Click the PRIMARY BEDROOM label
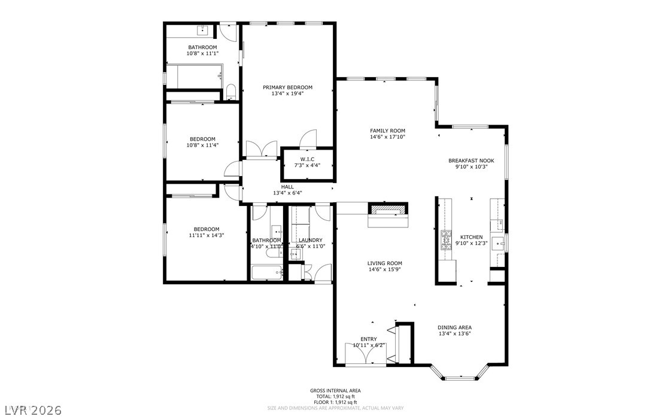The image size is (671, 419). click(287, 87)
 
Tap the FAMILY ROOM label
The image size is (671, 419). click(387, 130)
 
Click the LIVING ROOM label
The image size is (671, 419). click(384, 263)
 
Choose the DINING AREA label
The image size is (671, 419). click(454, 327)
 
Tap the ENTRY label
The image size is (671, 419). click(368, 339)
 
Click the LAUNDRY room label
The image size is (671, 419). click(310, 240)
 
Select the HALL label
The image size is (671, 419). click(287, 187)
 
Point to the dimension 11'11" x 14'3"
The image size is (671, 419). click(206, 235)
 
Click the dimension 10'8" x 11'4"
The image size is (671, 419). click(202, 145)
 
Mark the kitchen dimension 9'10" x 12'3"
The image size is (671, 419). click(472, 243)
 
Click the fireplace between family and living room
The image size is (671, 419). click(388, 210)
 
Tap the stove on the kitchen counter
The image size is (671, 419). click(446, 241)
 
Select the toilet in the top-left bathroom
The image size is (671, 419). click(230, 92)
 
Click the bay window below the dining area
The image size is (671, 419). click(460, 378)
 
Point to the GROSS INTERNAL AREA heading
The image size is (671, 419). click(335, 391)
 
